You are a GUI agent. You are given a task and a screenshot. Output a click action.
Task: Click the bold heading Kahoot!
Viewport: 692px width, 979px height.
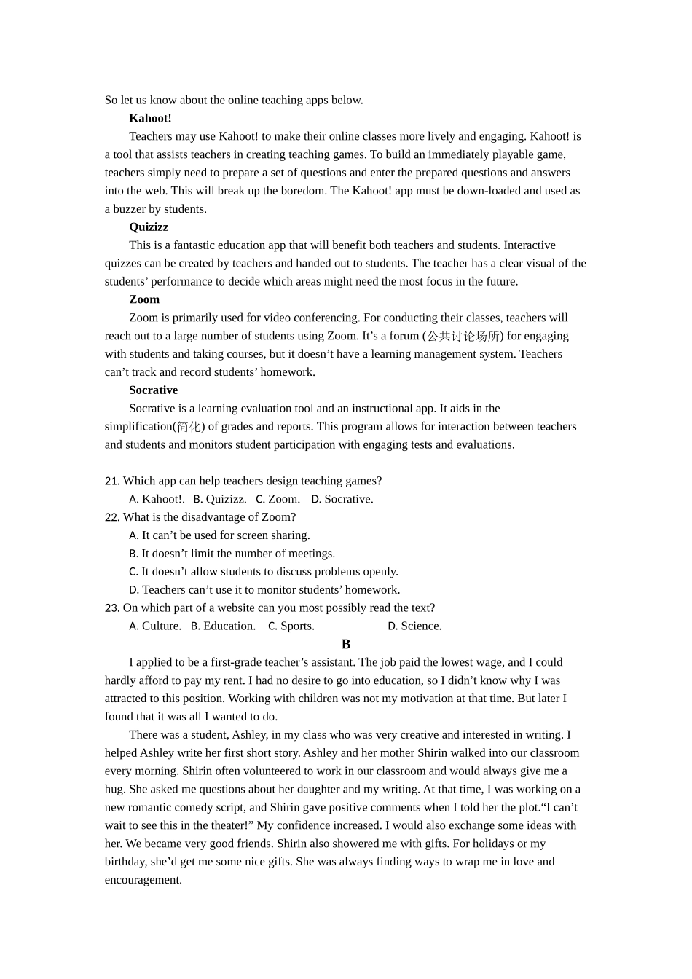(x=150, y=118)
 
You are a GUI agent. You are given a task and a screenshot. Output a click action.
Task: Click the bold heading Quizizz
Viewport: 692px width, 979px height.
(x=149, y=227)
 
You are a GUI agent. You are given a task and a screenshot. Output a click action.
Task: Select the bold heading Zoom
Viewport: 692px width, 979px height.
(x=144, y=299)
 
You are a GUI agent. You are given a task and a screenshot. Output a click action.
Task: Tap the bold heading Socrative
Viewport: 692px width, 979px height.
(x=153, y=390)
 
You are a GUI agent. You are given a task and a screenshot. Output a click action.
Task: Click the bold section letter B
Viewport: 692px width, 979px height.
(x=346, y=644)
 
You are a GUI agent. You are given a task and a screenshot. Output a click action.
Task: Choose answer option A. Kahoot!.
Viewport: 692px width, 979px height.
(x=156, y=499)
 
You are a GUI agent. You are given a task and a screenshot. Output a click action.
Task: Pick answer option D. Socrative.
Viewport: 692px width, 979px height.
(x=342, y=499)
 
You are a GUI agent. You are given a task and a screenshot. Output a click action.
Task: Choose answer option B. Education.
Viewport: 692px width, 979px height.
(x=223, y=626)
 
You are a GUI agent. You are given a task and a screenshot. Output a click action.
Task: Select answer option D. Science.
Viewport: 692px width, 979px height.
(x=414, y=626)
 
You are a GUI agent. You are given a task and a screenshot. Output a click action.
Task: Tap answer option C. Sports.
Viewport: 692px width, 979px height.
(x=291, y=626)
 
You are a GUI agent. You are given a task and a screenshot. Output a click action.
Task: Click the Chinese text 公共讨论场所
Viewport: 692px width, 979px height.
(x=463, y=337)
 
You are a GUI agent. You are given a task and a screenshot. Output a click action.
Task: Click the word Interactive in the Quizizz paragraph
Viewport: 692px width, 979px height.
(x=530, y=245)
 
